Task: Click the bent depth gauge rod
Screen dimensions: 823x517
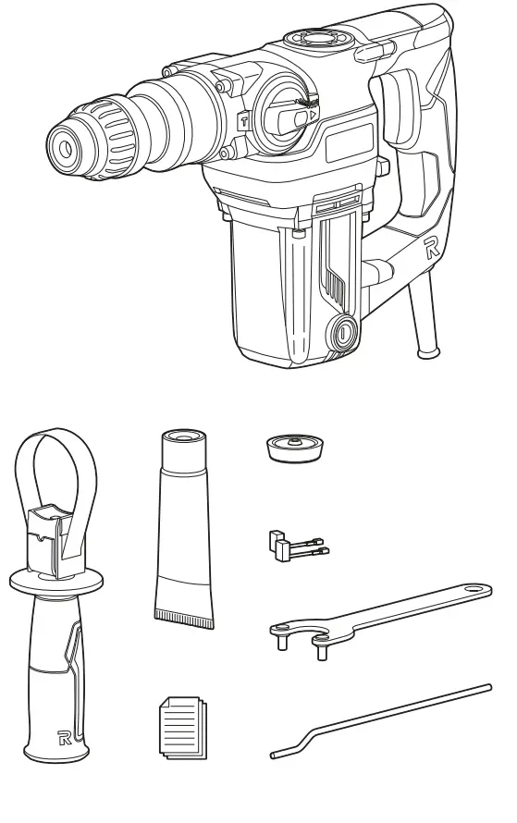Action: [x=379, y=721]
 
